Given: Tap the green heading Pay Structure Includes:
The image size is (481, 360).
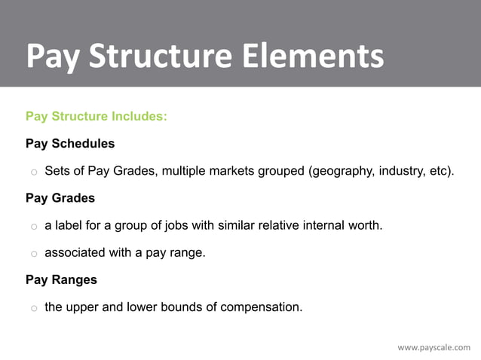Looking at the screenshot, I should pyautogui.click(x=96, y=117).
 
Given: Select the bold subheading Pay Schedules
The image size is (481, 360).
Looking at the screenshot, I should pyautogui.click(x=70, y=143).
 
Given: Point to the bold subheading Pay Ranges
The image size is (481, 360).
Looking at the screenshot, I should pyautogui.click(x=61, y=279).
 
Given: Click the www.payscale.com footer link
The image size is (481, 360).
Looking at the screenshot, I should pyautogui.click(x=434, y=347).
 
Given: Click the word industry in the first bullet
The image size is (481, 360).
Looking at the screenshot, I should pyautogui.click(x=400, y=171).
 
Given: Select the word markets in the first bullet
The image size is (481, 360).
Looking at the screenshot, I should pyautogui.click(x=230, y=171).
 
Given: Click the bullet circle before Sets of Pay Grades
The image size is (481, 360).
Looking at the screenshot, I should pyautogui.click(x=34, y=172).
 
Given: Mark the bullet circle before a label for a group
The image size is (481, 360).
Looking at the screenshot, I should pyautogui.click(x=34, y=227).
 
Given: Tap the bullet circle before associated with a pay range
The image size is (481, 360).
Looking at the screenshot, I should pyautogui.click(x=34, y=254).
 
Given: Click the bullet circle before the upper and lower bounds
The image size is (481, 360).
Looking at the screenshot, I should pyautogui.click(x=34, y=308).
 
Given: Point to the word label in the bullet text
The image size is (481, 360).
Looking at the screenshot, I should pyautogui.click(x=69, y=225).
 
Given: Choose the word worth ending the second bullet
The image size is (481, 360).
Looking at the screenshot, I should pyautogui.click(x=366, y=225).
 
